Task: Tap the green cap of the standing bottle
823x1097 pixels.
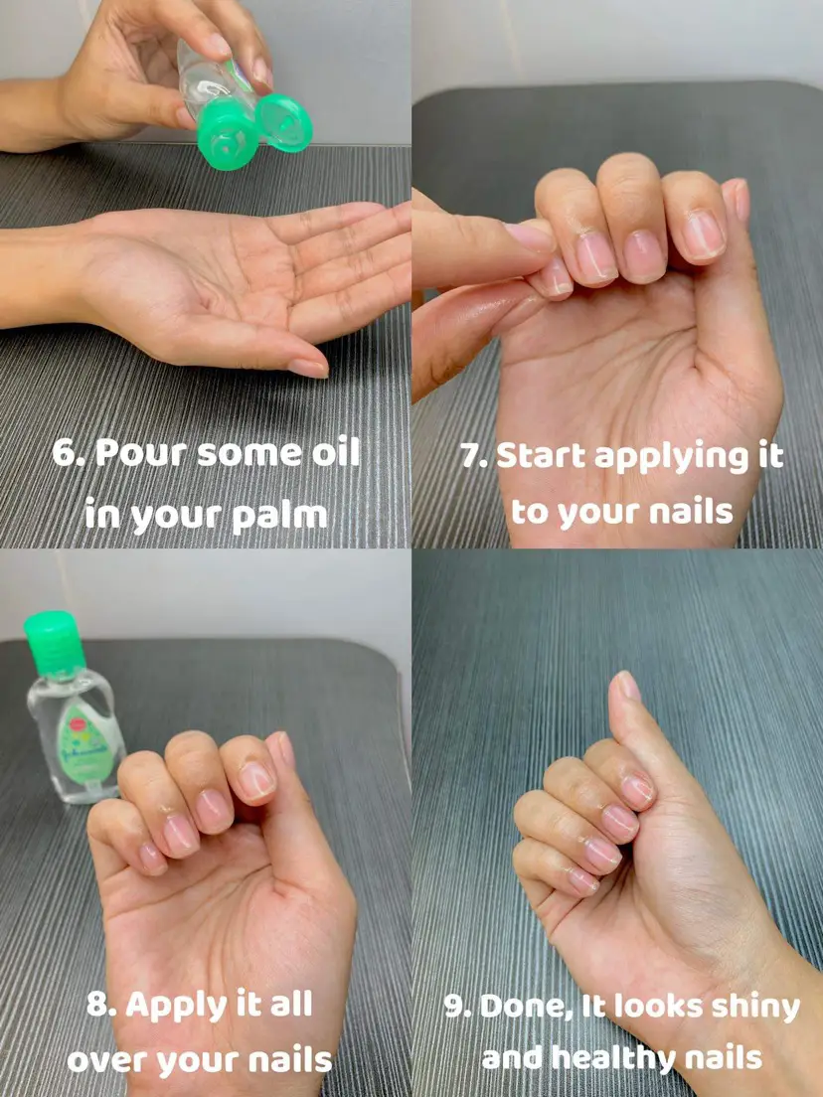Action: [x=55, y=644]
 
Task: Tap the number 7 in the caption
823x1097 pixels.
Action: [x=472, y=457]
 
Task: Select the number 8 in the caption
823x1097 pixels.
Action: [x=100, y=1006]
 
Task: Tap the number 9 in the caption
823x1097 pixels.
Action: [x=457, y=1008]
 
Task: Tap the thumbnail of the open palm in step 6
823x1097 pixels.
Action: [x=308, y=368]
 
